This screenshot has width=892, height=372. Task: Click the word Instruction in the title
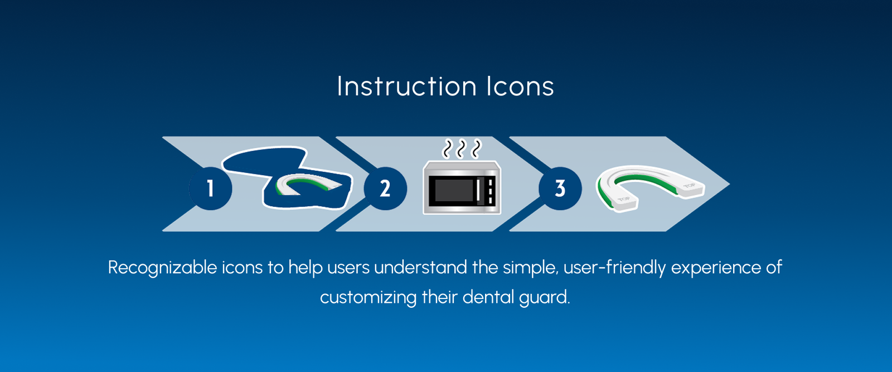(x=406, y=86)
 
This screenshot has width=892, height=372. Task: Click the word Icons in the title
(x=520, y=86)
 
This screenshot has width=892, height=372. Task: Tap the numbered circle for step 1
(x=210, y=189)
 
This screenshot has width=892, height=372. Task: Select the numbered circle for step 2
(x=385, y=189)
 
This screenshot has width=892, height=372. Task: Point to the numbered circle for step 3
(x=560, y=189)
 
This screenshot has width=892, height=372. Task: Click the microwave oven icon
(x=462, y=187)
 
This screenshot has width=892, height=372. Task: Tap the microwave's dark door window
(x=454, y=190)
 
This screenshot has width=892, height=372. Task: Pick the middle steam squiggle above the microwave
(x=461, y=148)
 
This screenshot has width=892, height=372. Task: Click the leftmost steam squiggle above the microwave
(x=447, y=148)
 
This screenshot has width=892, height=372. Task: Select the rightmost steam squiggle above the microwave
(x=476, y=148)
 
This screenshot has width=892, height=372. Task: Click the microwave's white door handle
(x=478, y=190)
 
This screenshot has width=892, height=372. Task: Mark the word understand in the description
(x=420, y=267)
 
